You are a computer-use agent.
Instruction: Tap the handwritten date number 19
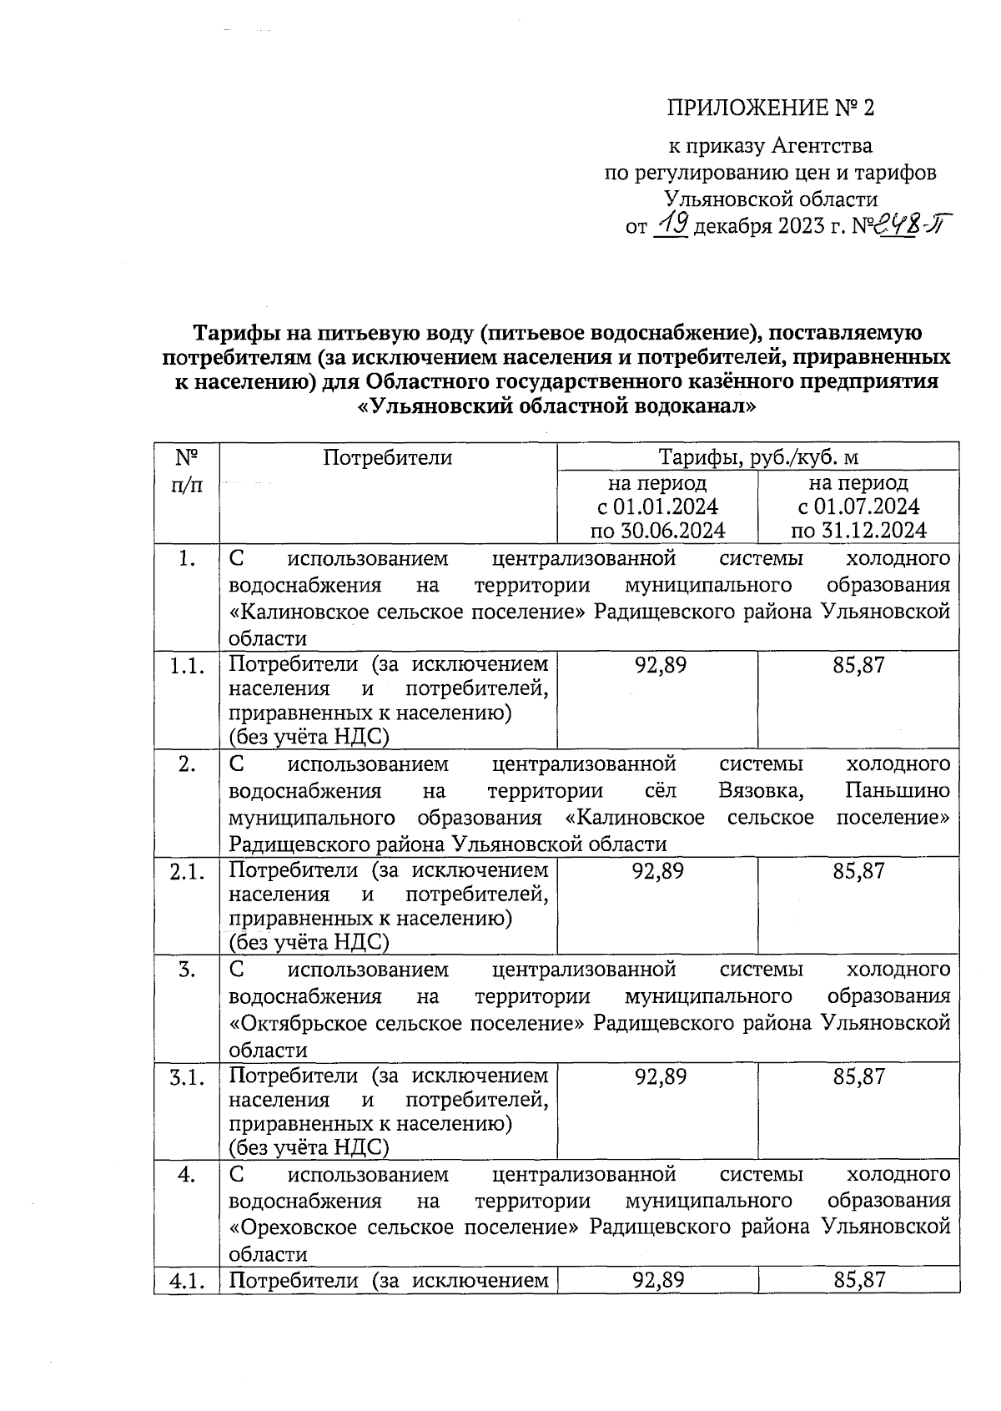(671, 224)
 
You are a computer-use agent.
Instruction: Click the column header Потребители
(387, 457)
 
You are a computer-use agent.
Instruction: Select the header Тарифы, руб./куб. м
(758, 457)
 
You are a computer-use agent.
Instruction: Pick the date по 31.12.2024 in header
(858, 531)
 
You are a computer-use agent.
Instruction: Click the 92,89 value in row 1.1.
(660, 665)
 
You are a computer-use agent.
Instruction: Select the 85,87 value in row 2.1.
(858, 871)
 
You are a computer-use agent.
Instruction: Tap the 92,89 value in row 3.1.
(660, 1076)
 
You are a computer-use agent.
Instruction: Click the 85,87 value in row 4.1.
(858, 1280)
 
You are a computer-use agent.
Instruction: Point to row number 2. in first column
(187, 764)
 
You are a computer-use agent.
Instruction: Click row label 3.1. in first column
(187, 1077)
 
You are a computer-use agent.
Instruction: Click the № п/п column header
(187, 471)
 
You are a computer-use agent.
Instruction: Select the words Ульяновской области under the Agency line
(770, 199)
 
